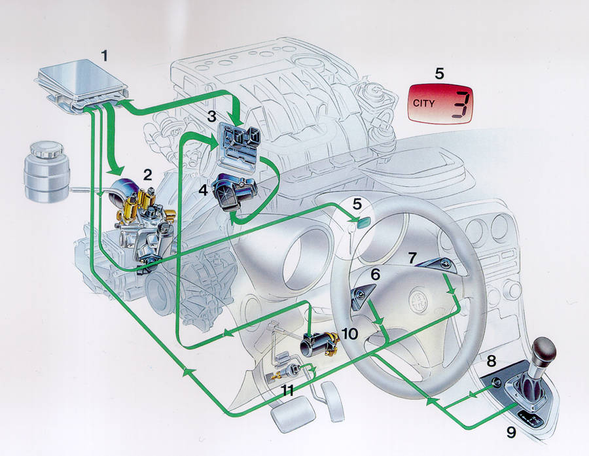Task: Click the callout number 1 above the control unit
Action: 105,56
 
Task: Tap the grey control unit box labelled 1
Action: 82,86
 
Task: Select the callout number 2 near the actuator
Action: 147,175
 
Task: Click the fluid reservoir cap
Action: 46,150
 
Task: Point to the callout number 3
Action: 212,116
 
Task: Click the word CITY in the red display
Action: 423,103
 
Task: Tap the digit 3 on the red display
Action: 460,105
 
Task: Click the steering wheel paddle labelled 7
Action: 437,265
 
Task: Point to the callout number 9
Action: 511,432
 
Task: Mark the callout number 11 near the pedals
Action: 288,391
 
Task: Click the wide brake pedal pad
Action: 293,413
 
